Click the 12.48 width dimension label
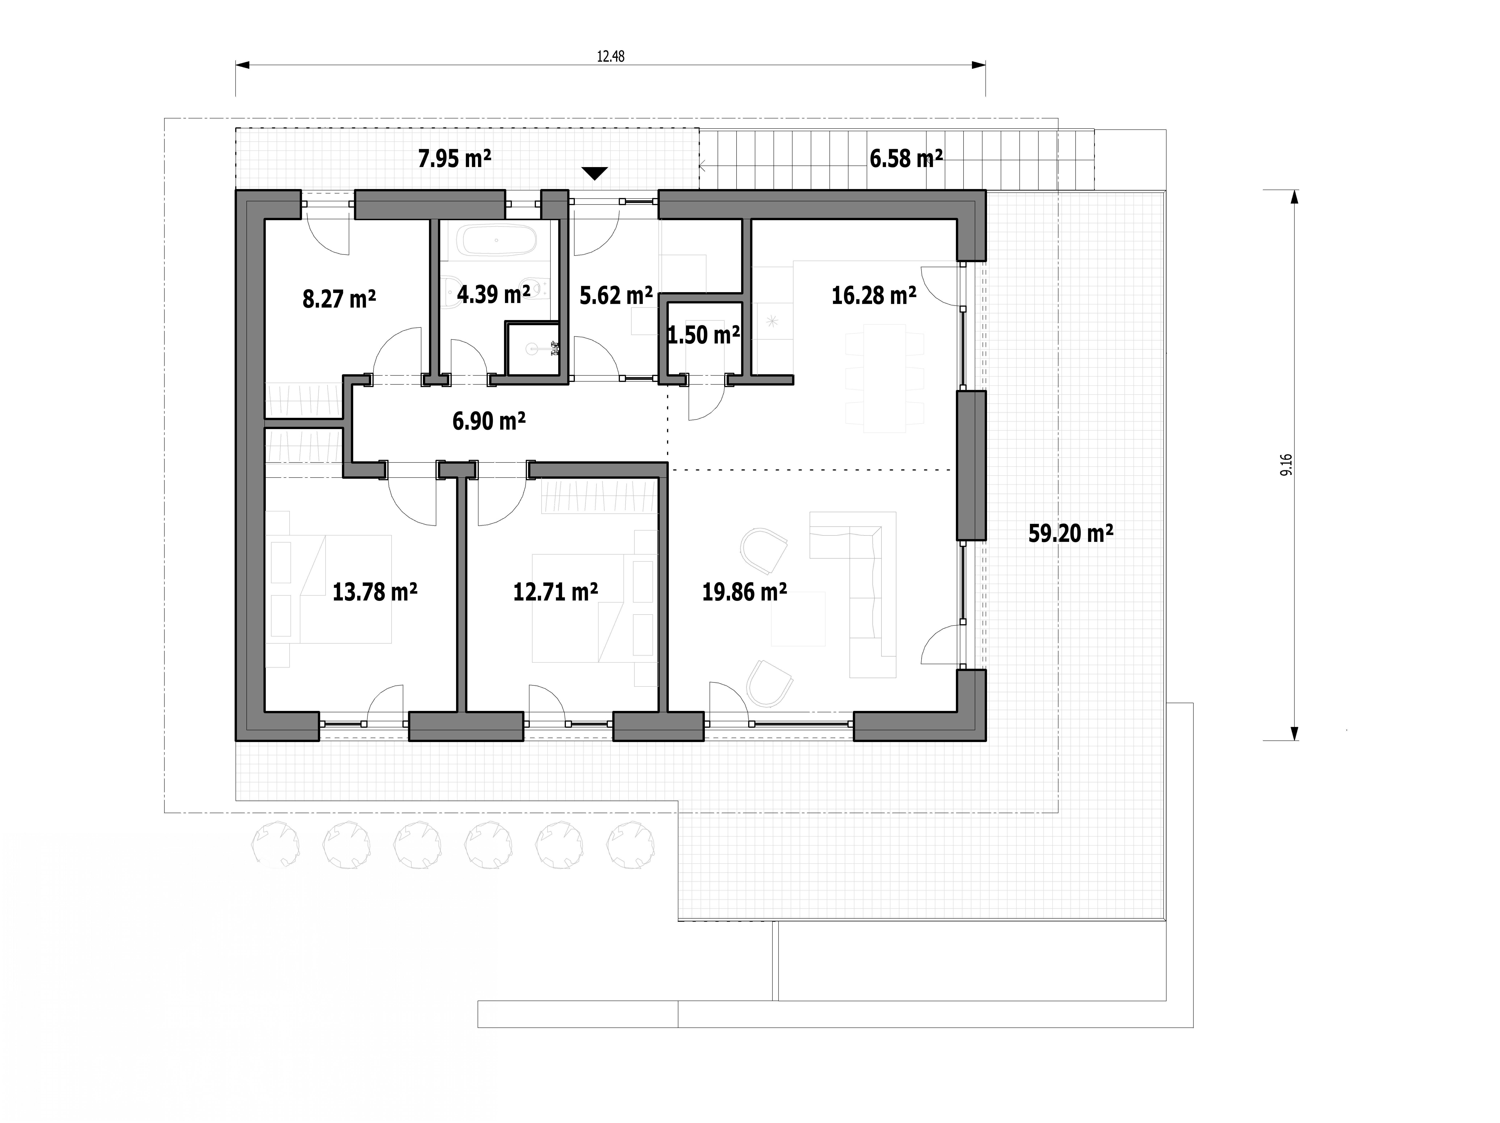(x=610, y=56)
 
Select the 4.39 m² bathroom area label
(x=494, y=294)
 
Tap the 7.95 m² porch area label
(x=454, y=159)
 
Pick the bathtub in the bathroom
(x=497, y=241)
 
